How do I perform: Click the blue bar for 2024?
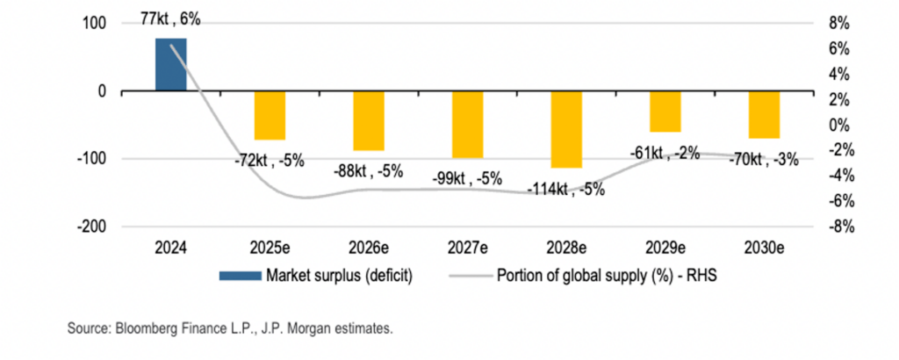click(x=171, y=64)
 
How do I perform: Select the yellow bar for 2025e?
click(x=270, y=115)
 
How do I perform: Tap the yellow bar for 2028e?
click(x=566, y=129)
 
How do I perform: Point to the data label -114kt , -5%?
click(x=566, y=189)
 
